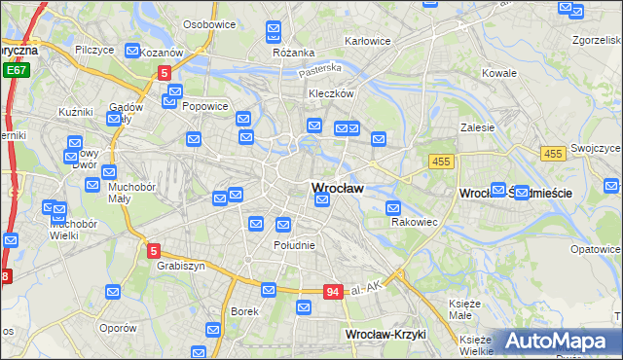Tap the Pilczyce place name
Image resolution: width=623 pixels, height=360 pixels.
tap(95, 49)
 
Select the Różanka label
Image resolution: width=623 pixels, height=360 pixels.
tap(292, 52)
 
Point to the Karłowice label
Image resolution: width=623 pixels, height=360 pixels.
tap(369, 42)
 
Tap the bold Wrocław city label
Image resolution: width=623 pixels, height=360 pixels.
tap(337, 188)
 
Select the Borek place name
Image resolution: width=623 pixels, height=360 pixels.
tap(243, 311)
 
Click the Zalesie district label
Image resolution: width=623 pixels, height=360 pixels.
tap(478, 126)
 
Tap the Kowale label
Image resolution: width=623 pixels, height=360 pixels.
tap(498, 73)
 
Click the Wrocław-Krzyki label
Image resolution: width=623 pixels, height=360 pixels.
tap(385, 335)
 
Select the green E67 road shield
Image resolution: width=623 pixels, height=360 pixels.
tap(15, 71)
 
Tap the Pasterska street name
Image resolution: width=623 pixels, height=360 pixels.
tap(321, 69)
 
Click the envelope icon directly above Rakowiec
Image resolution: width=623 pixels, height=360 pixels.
tap(393, 206)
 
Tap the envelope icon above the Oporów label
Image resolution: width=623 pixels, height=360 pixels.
tap(113, 291)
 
